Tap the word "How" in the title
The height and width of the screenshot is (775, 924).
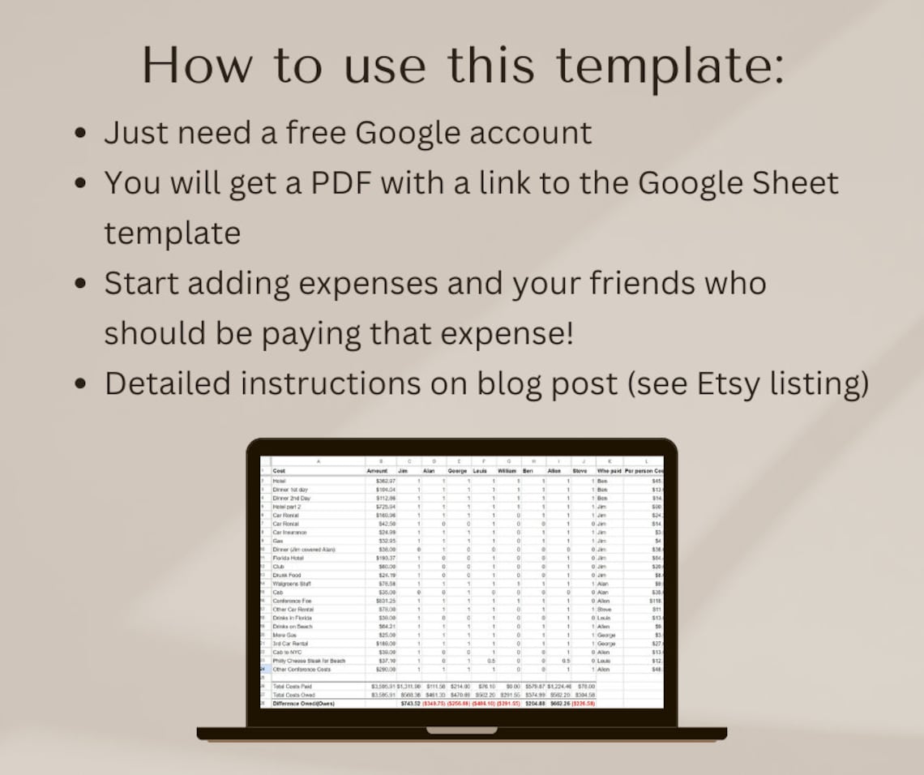click(195, 66)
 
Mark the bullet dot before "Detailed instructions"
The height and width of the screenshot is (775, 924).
click(79, 384)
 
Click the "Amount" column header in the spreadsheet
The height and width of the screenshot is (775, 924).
click(377, 471)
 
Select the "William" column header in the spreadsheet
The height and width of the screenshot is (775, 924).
click(507, 471)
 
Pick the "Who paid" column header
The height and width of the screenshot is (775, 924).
click(609, 471)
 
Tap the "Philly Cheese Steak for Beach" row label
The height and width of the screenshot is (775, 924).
click(309, 661)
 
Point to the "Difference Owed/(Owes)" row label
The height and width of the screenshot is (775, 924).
click(304, 704)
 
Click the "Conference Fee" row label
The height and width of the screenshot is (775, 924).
click(293, 601)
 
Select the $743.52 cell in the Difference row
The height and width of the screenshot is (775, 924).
click(412, 704)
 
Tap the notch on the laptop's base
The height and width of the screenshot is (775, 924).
click(462, 730)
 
